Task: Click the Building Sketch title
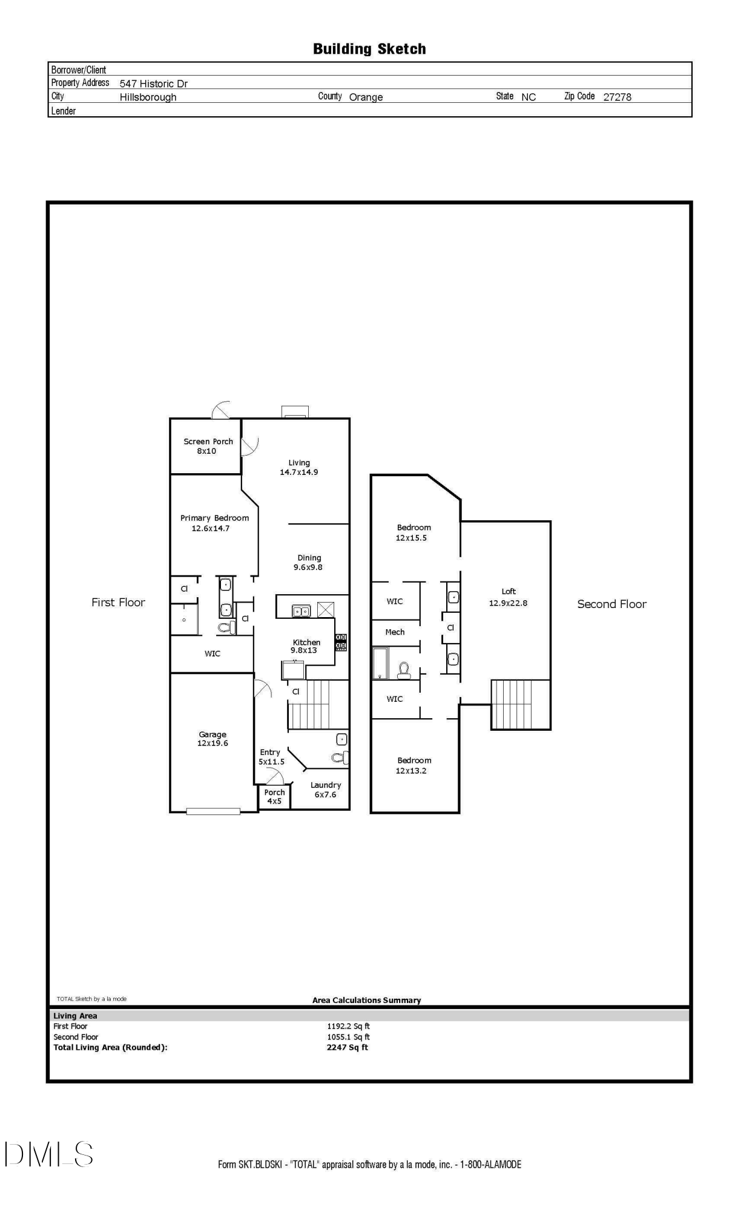click(369, 49)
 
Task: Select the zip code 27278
click(616, 97)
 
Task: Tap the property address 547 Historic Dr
click(153, 83)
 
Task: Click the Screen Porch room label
click(208, 442)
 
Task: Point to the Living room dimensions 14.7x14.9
click(298, 472)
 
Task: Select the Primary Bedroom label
click(214, 518)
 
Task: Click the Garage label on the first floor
click(213, 734)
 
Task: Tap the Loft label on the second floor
click(508, 591)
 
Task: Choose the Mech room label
click(395, 632)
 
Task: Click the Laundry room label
click(326, 785)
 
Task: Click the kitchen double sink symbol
click(302, 611)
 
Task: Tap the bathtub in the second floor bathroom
click(380, 663)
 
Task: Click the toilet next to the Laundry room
click(340, 757)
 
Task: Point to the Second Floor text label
click(611, 604)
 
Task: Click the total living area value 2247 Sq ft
click(347, 1047)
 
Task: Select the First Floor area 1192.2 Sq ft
click(348, 1026)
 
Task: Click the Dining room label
click(309, 558)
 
